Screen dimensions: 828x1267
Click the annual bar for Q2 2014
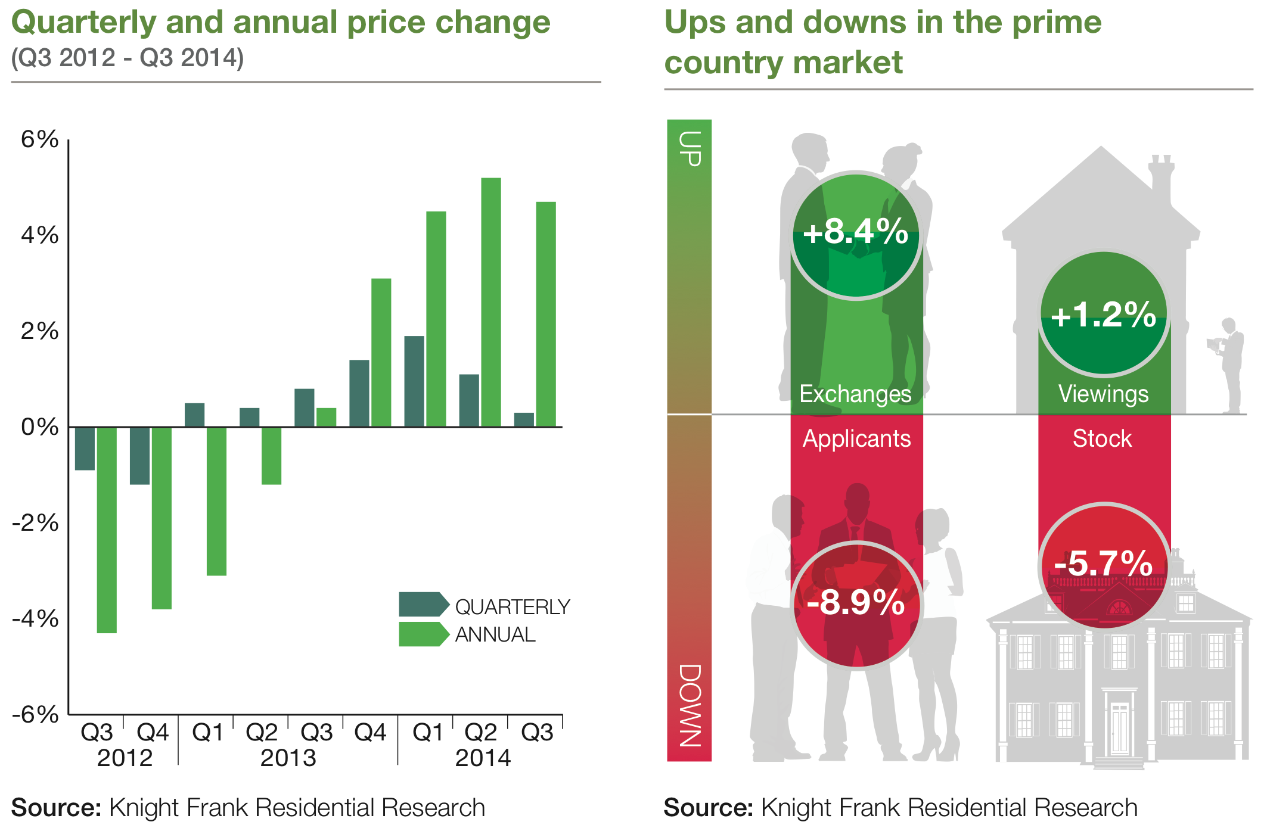pos(490,302)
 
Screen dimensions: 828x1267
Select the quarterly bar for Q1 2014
pos(414,381)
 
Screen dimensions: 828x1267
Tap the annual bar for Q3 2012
pos(107,530)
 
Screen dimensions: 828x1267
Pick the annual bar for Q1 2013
pos(216,501)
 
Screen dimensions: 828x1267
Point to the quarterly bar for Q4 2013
pos(359,393)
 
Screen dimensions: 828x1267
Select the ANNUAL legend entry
pos(467,634)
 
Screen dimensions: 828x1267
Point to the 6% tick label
pos(39,139)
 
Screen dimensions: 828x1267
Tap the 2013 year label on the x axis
pos(288,758)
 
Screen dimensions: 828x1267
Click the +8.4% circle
pos(856,235)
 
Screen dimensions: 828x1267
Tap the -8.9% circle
pos(856,604)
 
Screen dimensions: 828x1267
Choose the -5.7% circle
pos(1104,565)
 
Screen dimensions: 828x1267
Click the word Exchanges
pos(855,394)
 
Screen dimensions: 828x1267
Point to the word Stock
pos(1102,438)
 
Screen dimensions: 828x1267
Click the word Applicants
pos(856,438)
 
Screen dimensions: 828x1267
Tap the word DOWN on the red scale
pos(690,705)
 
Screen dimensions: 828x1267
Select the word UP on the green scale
pos(690,148)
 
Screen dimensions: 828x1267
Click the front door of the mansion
pos(1119,730)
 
